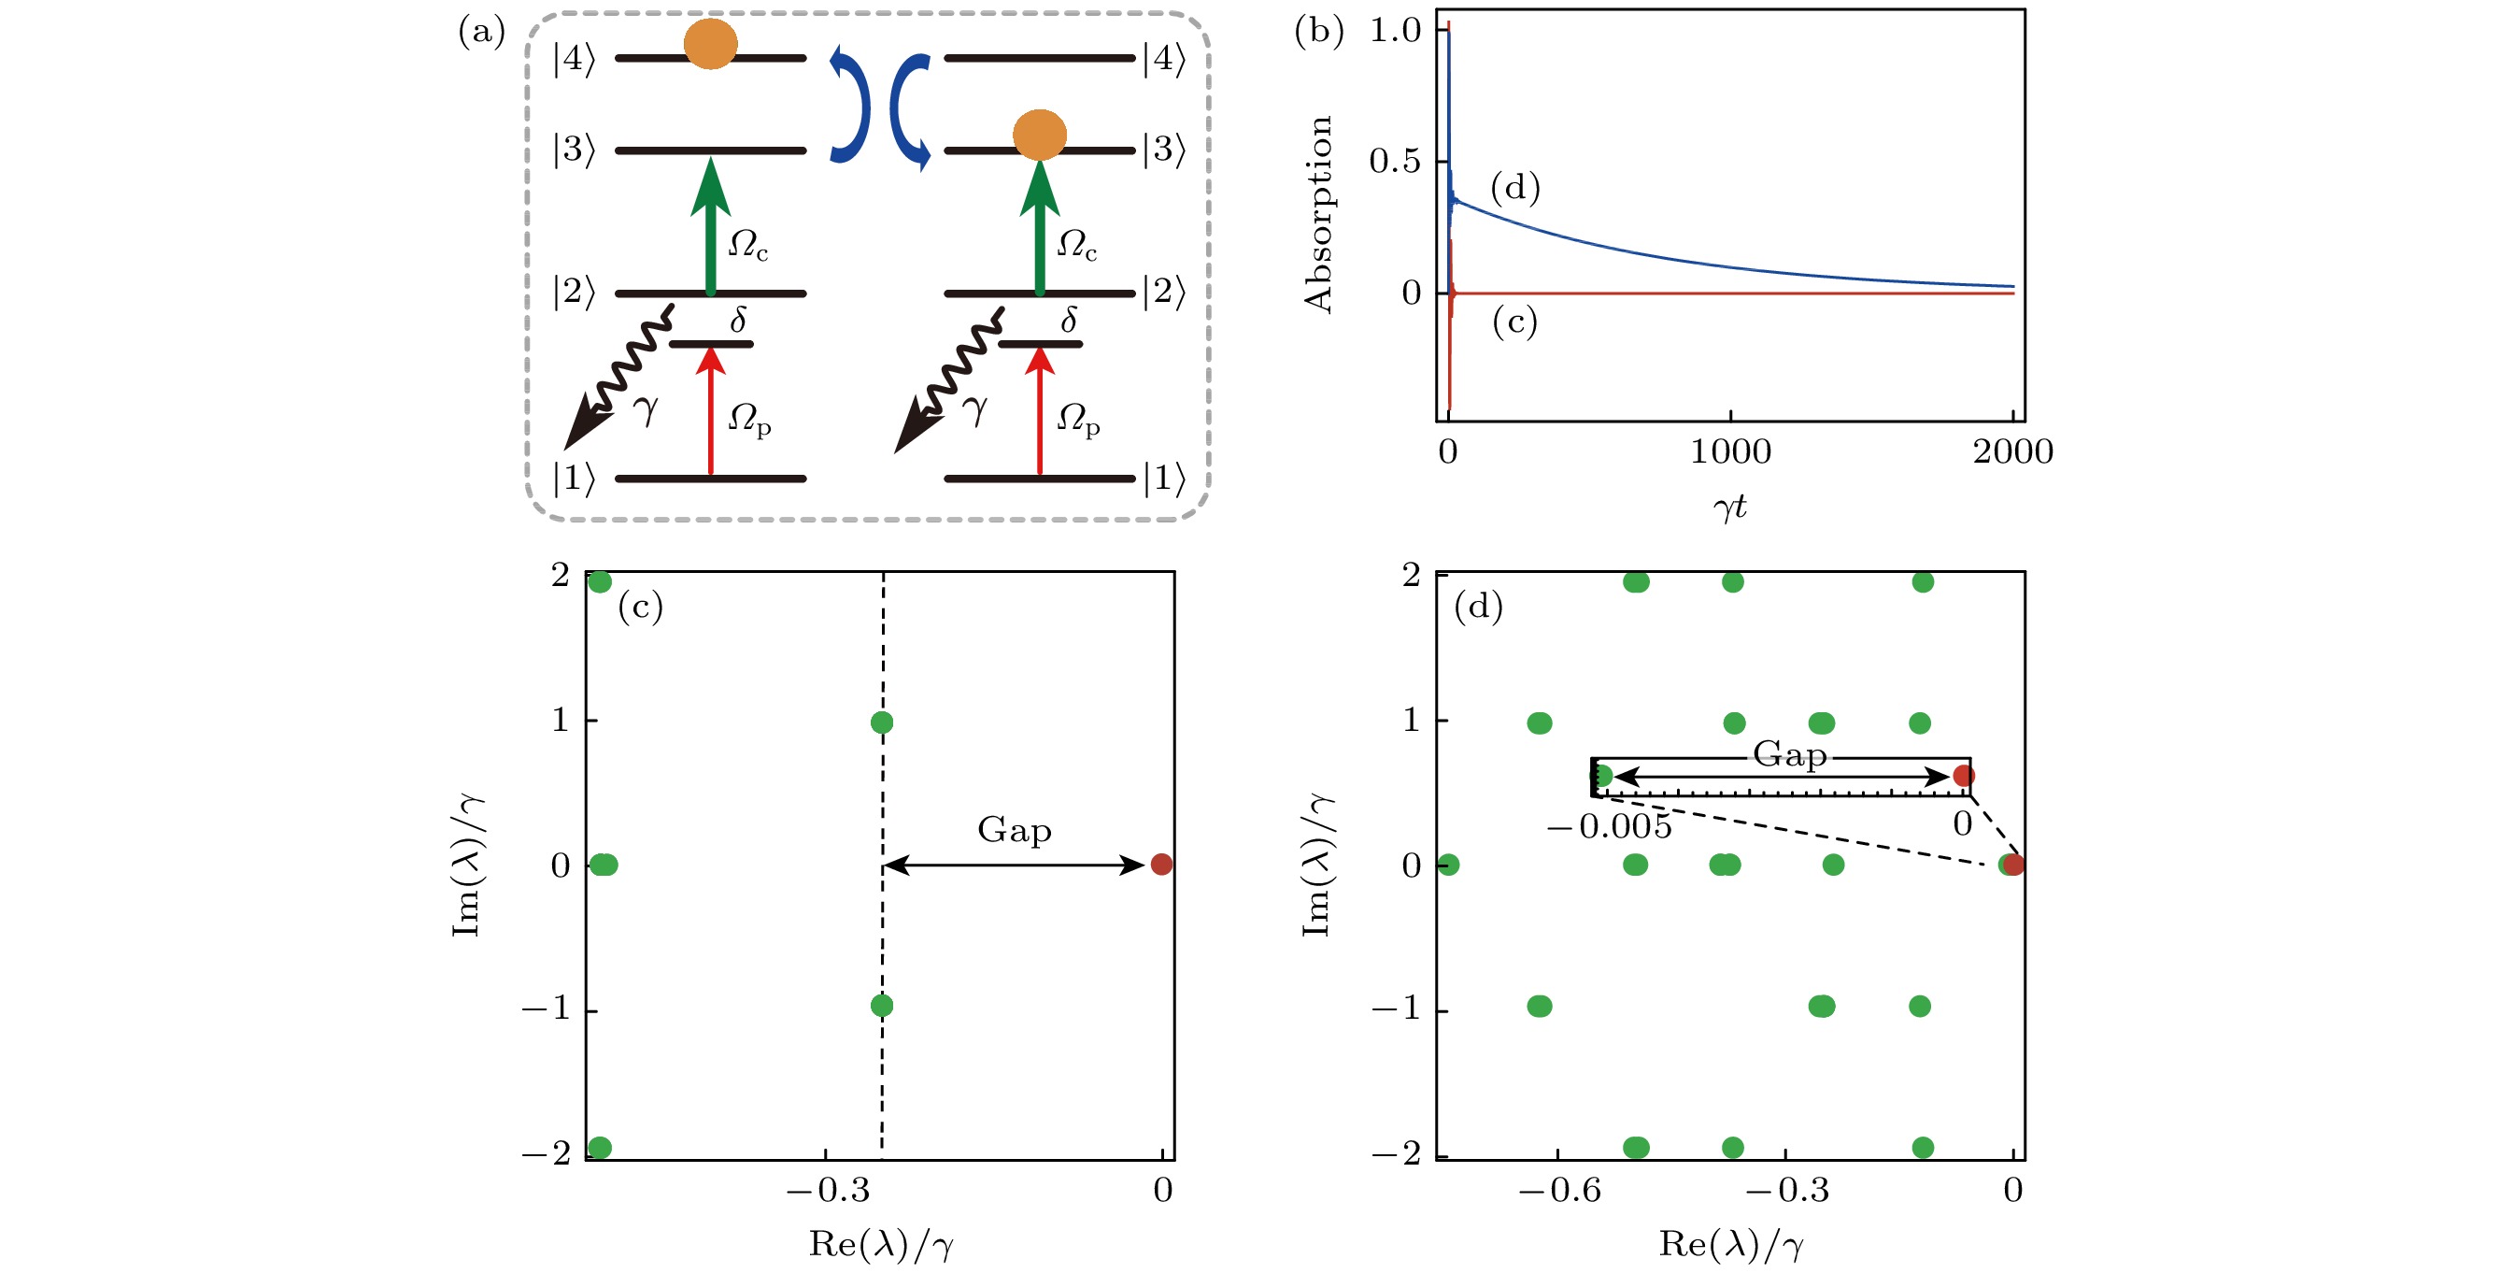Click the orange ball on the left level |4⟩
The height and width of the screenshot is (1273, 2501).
click(710, 44)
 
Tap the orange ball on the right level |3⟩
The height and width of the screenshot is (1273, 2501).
click(1039, 135)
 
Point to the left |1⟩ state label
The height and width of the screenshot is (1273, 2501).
click(573, 478)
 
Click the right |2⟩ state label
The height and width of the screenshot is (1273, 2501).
click(1164, 292)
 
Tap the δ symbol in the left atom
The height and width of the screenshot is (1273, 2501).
click(738, 320)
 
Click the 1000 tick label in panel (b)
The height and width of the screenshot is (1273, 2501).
click(1730, 451)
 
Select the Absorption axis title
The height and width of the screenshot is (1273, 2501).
click(1318, 214)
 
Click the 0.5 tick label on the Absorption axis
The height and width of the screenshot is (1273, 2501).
click(1394, 161)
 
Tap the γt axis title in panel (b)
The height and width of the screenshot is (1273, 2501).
click(1730, 506)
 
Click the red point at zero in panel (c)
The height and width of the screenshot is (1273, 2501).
click(1161, 865)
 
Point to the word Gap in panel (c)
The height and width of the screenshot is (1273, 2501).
click(1014, 830)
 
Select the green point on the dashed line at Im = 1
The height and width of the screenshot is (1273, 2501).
click(882, 722)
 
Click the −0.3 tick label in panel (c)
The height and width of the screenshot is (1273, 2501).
click(827, 1191)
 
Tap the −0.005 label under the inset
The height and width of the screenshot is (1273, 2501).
click(1609, 827)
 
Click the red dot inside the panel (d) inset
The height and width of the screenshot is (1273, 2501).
click(1963, 776)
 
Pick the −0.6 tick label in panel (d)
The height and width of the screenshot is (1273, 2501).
click(1559, 1191)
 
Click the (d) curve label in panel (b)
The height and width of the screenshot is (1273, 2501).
click(1514, 188)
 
